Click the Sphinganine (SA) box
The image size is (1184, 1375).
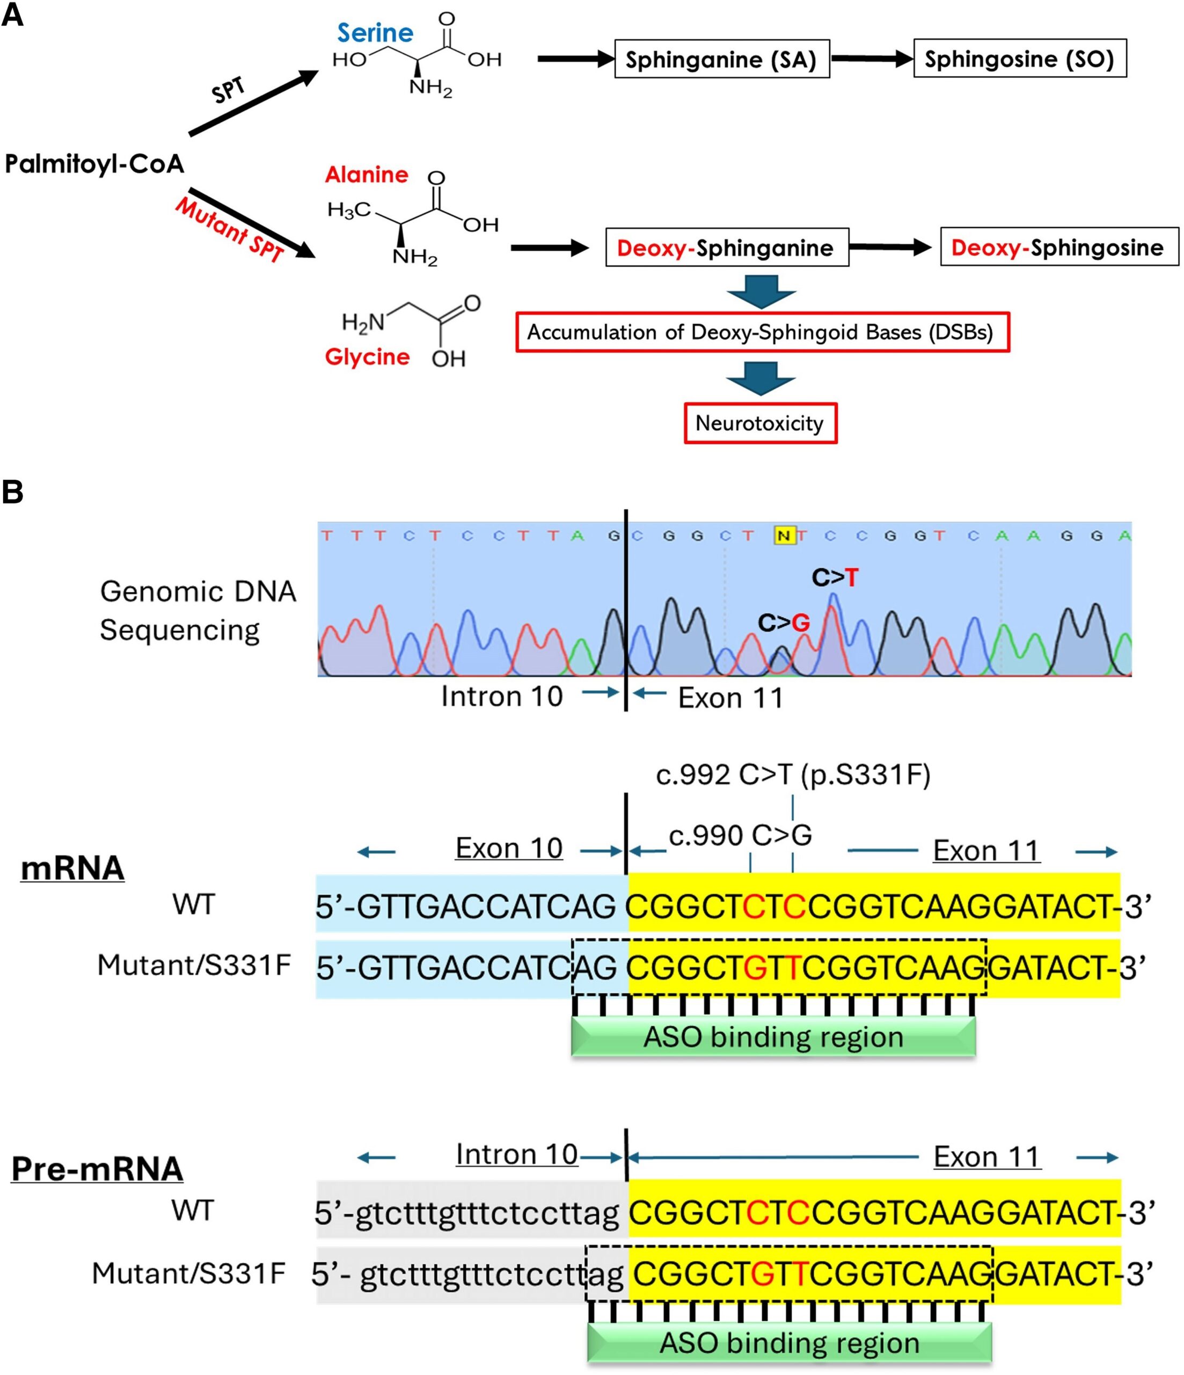[x=722, y=59]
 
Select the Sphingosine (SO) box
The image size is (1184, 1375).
[x=1020, y=59]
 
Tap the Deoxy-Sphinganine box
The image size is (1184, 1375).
[x=727, y=248]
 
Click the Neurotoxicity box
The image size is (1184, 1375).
[x=760, y=423]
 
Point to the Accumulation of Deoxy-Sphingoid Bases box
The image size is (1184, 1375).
[x=763, y=332]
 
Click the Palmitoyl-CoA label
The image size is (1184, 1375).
[x=94, y=163]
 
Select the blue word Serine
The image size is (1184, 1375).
[x=375, y=33]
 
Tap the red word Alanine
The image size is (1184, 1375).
[x=366, y=175]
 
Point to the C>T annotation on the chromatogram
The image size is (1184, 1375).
[x=835, y=577]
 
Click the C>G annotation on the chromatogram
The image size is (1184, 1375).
[x=784, y=623]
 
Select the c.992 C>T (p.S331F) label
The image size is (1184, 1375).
[x=793, y=775]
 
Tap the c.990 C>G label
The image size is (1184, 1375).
[x=740, y=835]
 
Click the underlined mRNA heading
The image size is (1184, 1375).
[x=72, y=868]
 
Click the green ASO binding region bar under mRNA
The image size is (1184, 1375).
[x=773, y=1037]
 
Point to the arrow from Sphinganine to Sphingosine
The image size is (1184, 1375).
[x=872, y=59]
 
